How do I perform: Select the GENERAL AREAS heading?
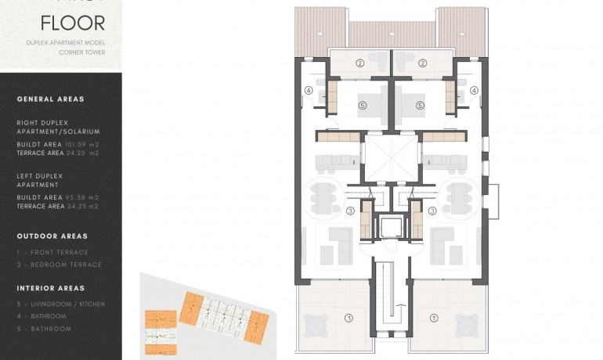[x=50, y=99]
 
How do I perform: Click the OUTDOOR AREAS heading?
[x=52, y=236]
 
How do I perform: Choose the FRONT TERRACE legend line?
[x=56, y=252]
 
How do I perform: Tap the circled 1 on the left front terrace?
[x=349, y=317]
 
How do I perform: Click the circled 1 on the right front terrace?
[x=432, y=317]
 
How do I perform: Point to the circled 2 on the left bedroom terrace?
[x=360, y=63]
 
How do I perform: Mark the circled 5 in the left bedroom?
[x=362, y=105]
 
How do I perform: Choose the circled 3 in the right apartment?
[x=432, y=210]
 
